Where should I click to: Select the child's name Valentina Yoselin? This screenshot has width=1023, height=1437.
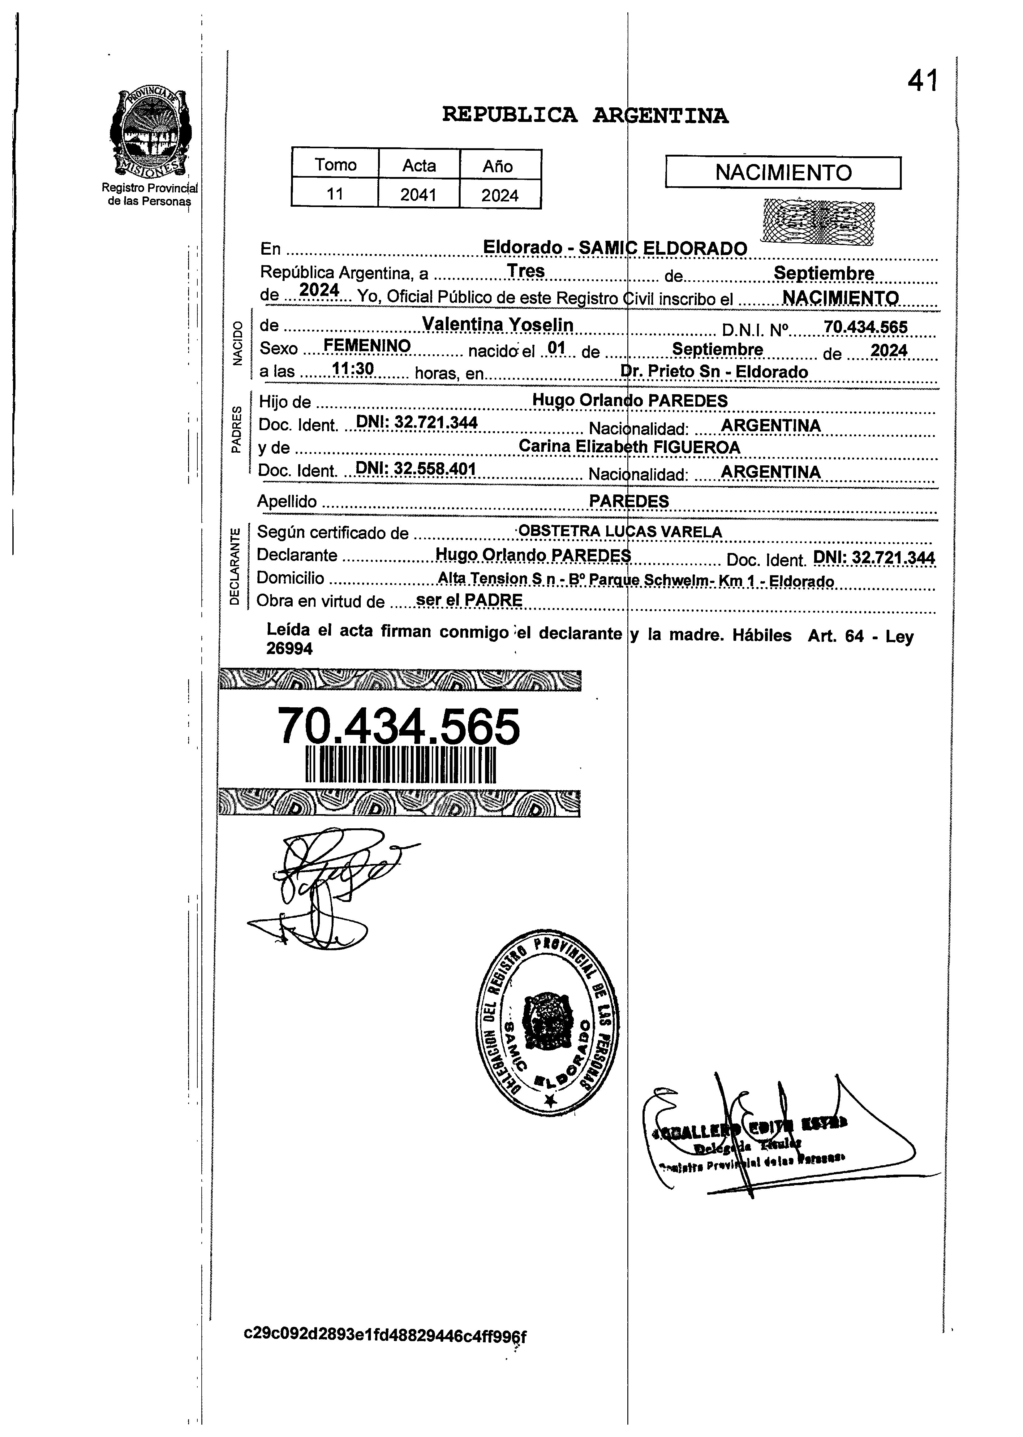(498, 325)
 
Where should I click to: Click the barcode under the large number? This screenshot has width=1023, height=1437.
(401, 766)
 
